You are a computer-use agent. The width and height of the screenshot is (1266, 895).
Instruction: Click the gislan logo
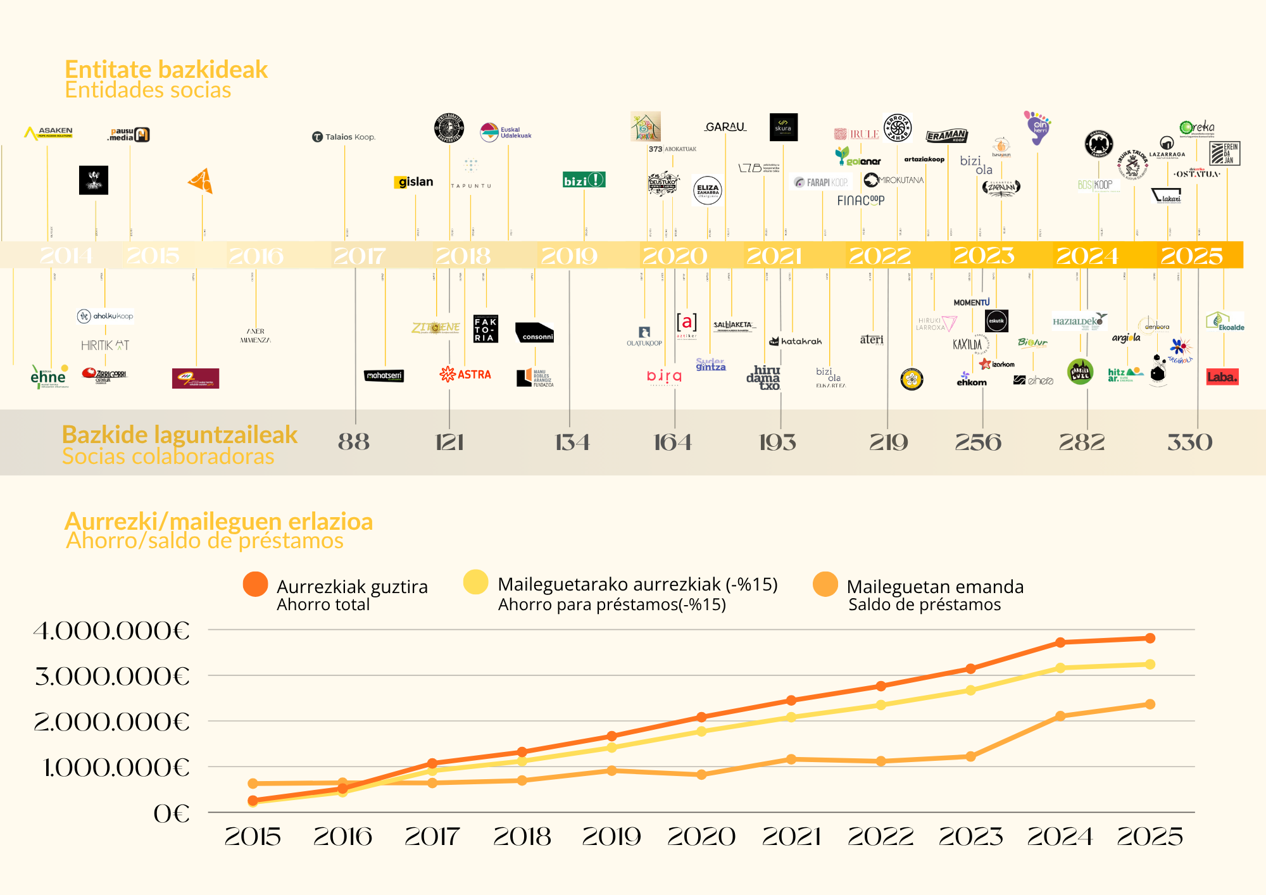point(415,182)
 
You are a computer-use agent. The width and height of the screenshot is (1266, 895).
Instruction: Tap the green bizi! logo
point(584,180)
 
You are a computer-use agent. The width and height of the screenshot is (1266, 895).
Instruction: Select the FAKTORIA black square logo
point(486,329)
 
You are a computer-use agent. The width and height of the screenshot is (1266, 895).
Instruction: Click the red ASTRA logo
point(465,374)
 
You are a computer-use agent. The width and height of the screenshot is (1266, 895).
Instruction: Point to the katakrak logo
point(796,341)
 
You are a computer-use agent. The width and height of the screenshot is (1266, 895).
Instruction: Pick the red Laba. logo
point(1222,377)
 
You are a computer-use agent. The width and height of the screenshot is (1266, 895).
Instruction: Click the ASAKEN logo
point(49,132)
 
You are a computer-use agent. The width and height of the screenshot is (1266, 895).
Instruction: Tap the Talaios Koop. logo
point(344,137)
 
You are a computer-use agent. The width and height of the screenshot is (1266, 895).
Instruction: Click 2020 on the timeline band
point(674,256)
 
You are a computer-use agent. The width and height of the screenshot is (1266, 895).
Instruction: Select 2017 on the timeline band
point(359,256)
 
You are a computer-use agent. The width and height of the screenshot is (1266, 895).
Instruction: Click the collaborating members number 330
point(1189,442)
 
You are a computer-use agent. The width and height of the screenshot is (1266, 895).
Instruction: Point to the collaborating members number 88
point(354,442)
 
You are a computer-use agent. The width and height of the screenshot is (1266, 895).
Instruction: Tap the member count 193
point(777,442)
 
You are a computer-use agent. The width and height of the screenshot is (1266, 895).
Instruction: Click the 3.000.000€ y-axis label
point(112,677)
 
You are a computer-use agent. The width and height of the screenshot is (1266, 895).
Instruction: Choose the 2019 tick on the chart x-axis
point(611,837)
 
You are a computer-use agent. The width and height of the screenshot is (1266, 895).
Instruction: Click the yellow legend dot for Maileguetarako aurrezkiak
point(475,582)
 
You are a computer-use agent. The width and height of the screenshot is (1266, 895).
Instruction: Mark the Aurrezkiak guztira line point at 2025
point(1150,638)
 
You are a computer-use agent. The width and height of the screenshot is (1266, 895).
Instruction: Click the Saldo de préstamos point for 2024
point(1060,716)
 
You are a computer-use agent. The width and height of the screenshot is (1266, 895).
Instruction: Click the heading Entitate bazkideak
point(166,70)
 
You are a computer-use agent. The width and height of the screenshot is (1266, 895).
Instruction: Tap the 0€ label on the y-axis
point(171,814)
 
